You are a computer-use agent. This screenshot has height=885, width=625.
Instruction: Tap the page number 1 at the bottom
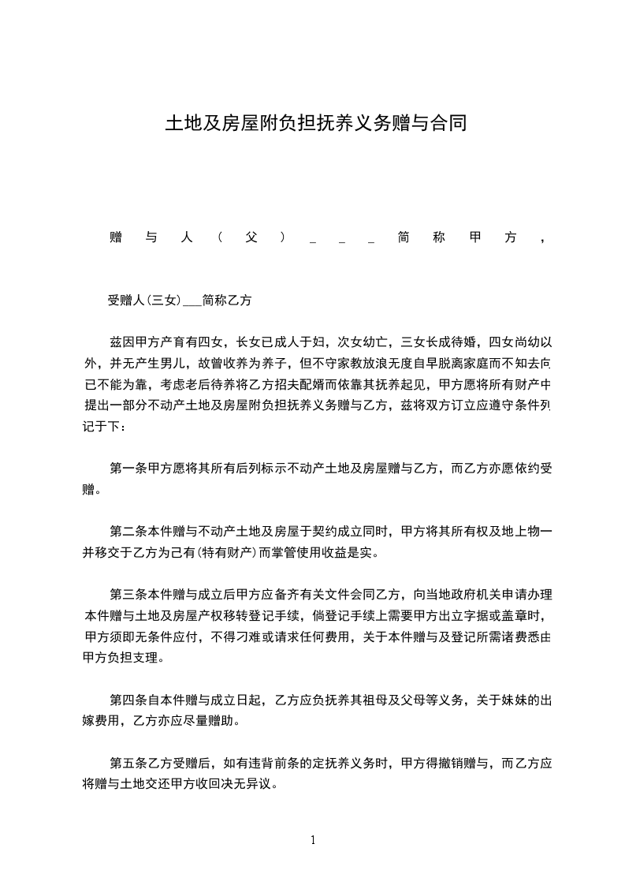click(314, 840)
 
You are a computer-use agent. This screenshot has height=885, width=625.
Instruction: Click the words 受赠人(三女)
click(144, 301)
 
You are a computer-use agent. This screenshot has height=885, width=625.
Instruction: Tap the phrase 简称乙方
click(226, 301)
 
